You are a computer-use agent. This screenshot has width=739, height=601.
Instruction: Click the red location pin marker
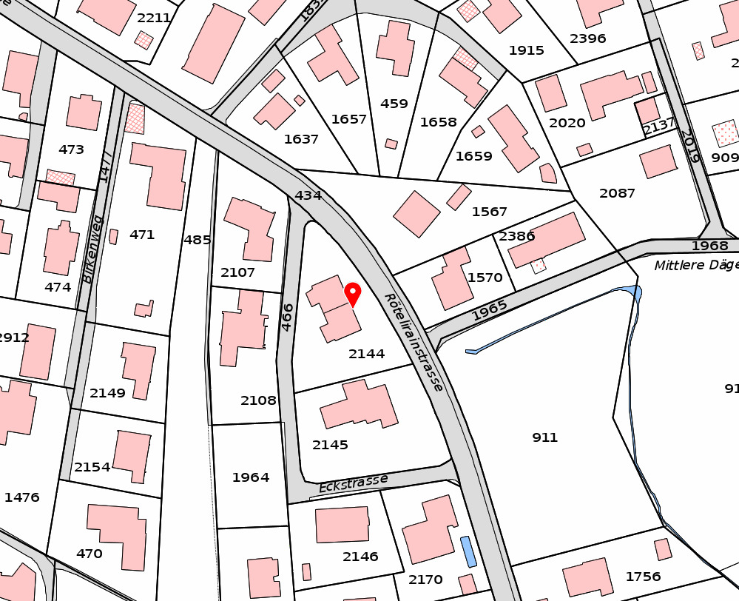pyautogui.click(x=353, y=294)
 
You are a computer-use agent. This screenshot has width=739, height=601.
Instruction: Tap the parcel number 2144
pyautogui.click(x=367, y=354)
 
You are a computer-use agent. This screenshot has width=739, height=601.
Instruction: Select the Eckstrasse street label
pyautogui.click(x=353, y=483)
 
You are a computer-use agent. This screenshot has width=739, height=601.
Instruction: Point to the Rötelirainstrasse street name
pyautogui.click(x=414, y=342)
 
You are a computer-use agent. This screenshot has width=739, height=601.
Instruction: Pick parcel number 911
pyautogui.click(x=544, y=437)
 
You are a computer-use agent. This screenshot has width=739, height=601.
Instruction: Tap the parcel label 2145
pyautogui.click(x=330, y=445)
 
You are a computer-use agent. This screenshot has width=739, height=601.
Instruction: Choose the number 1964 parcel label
pyautogui.click(x=251, y=477)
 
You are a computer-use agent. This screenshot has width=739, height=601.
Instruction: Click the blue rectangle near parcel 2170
pyautogui.click(x=468, y=552)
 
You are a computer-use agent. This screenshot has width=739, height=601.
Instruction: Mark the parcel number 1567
pyautogui.click(x=490, y=212)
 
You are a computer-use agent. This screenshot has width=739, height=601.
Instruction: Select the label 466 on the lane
pyautogui.click(x=288, y=317)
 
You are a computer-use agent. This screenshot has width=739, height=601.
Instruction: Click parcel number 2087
pyautogui.click(x=617, y=193)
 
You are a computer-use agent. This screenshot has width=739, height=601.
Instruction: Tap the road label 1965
pyautogui.click(x=490, y=311)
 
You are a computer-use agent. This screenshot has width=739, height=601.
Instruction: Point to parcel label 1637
pyautogui.click(x=301, y=139)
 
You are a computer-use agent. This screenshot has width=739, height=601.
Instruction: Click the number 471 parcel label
pyautogui.click(x=142, y=235)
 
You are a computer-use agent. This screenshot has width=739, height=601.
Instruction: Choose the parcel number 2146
pyautogui.click(x=360, y=557)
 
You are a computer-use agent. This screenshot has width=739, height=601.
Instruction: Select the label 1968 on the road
pyautogui.click(x=709, y=246)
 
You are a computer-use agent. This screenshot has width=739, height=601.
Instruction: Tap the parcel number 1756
pyautogui.click(x=643, y=577)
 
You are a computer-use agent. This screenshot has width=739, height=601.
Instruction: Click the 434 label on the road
pyautogui.click(x=308, y=195)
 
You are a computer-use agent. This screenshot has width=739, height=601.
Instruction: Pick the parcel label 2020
pyautogui.click(x=567, y=123)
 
